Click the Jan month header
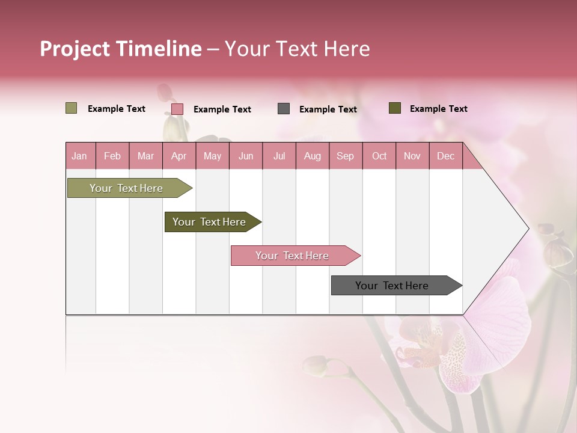coord(79,156)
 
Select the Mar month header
coord(145,156)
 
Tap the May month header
coord(212,156)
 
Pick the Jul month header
coord(279,156)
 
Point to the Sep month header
coord(345,156)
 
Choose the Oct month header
coord(379,156)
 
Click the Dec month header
coord(445,156)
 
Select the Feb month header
coord(112,156)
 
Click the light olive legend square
coord(71,108)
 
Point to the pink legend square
coord(177,109)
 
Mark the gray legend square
coord(284,108)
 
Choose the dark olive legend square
coord(394,108)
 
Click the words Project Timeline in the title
coord(120,49)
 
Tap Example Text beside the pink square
coord(222,109)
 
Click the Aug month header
coord(312,156)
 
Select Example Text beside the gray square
coord(328,109)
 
